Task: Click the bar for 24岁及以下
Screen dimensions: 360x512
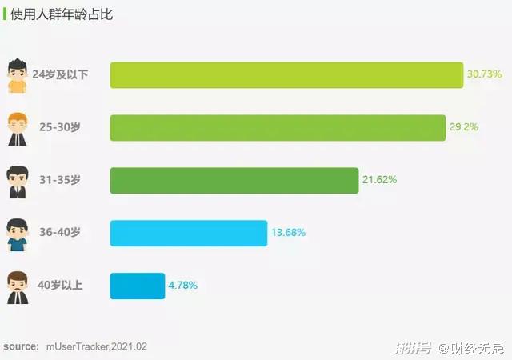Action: pyautogui.click(x=286, y=74)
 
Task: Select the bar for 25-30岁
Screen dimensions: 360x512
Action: pyautogui.click(x=278, y=127)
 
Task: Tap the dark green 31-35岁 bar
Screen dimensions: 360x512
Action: pyautogui.click(x=234, y=180)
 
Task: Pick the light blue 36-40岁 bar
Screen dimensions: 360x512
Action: pyautogui.click(x=188, y=233)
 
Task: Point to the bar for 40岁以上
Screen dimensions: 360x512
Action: pyautogui.click(x=137, y=286)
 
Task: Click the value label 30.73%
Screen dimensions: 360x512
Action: pyautogui.click(x=484, y=74)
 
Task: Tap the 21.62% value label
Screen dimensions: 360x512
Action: pyautogui.click(x=379, y=180)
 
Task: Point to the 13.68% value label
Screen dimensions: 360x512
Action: pyautogui.click(x=288, y=233)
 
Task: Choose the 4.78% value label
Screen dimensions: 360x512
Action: pyautogui.click(x=182, y=286)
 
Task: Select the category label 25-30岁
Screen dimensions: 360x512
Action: pyautogui.click(x=60, y=127)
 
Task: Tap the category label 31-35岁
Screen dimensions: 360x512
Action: pyautogui.click(x=60, y=180)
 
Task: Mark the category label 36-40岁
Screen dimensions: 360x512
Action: pyautogui.click(x=60, y=233)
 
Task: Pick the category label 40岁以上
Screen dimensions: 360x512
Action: pyautogui.click(x=60, y=286)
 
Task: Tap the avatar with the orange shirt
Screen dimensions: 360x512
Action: pyautogui.click(x=17, y=75)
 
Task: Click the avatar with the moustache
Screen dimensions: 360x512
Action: pyautogui.click(x=17, y=286)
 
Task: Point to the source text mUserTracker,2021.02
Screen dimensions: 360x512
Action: pyautogui.click(x=96, y=346)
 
